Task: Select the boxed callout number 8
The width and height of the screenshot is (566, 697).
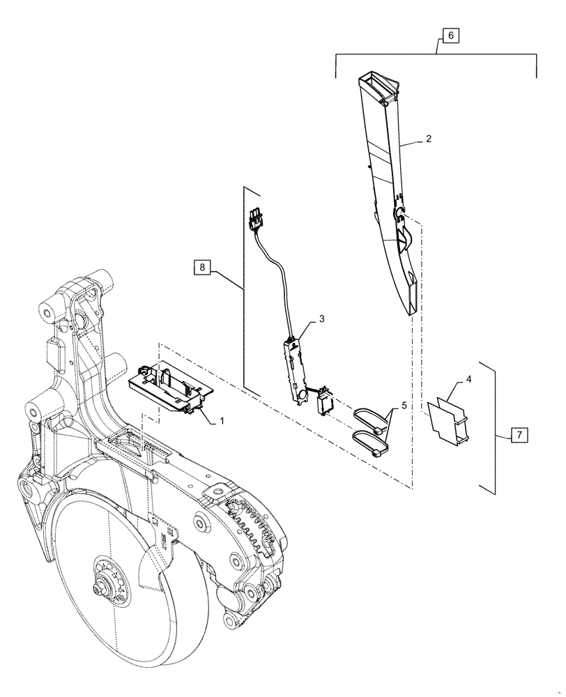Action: (201, 266)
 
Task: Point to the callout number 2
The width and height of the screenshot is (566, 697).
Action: (428, 139)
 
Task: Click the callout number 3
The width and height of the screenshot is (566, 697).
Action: (322, 319)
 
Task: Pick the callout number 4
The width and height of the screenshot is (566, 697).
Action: (468, 379)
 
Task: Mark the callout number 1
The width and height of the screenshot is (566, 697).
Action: (222, 420)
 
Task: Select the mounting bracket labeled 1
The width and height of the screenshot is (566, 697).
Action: (171, 391)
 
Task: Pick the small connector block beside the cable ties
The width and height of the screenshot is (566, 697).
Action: (326, 402)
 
